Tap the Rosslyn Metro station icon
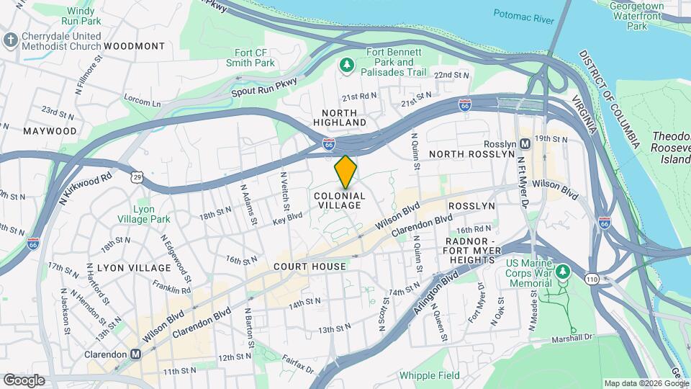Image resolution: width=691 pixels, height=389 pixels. pos(525,143)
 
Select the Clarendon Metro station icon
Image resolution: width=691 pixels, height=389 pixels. pos(135,354)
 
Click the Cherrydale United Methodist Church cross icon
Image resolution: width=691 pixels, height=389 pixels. pos(10,39)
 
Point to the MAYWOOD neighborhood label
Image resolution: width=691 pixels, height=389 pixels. pos(50,131)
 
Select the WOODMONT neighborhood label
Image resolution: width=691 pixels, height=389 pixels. pos(135,45)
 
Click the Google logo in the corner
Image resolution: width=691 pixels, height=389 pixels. pos(24,380)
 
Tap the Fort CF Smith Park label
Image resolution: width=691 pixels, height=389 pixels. pos(255,58)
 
